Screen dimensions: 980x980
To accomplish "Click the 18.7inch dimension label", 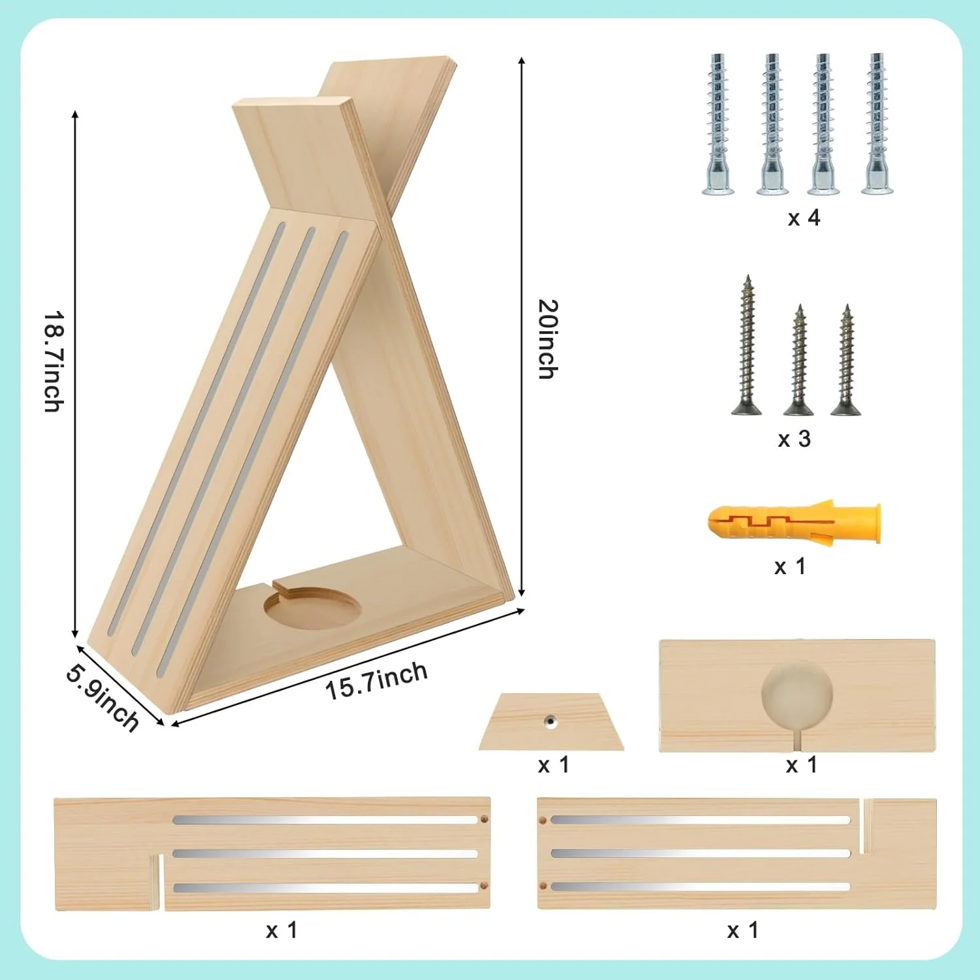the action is click(x=54, y=361).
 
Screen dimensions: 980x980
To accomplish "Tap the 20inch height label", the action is click(x=547, y=338).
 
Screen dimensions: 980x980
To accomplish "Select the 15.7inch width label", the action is click(x=376, y=681).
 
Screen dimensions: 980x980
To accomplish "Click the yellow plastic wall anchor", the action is click(x=794, y=522).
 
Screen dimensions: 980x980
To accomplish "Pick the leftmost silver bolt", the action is click(x=718, y=124).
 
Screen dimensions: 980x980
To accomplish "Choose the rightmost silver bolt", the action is click(x=877, y=124).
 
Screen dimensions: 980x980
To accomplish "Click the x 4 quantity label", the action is click(x=804, y=218).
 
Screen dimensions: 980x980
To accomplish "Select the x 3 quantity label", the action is click(x=794, y=439).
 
